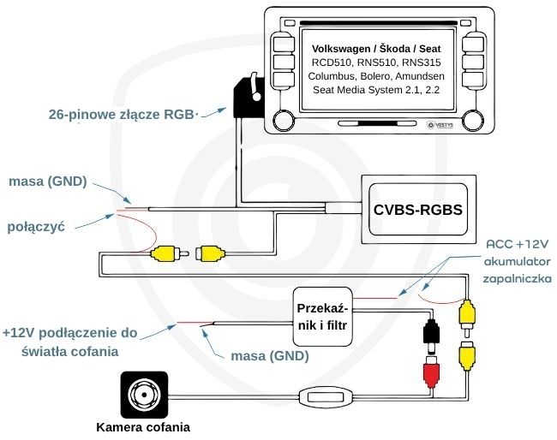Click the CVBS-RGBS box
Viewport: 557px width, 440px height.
point(418,208)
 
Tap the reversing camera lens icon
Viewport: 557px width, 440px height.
point(142,395)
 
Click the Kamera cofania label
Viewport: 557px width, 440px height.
point(143,426)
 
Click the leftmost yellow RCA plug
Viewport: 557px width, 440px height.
point(164,253)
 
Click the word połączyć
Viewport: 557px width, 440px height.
point(37,227)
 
